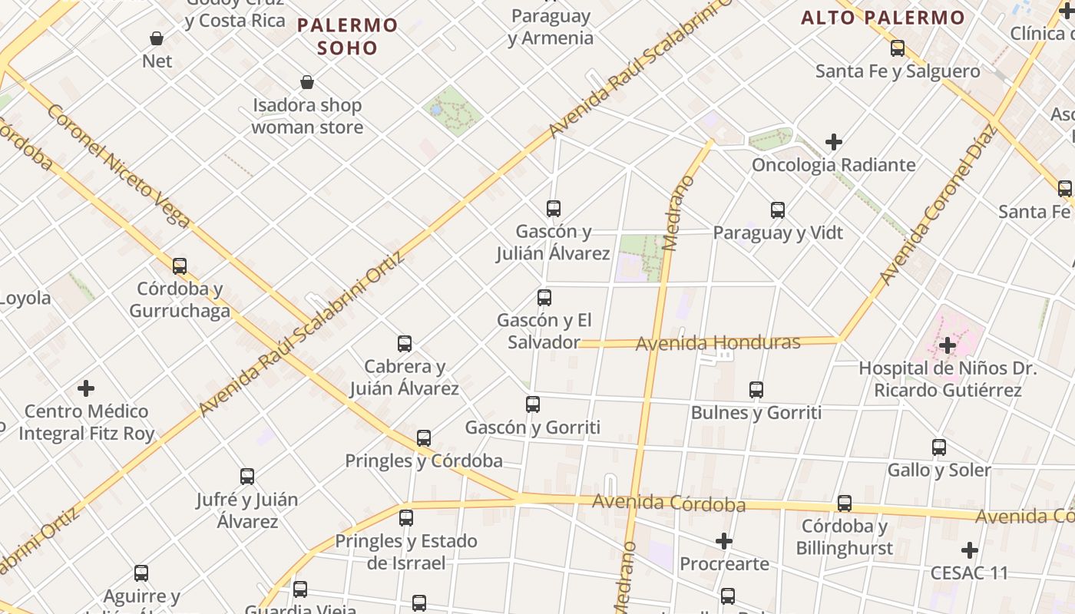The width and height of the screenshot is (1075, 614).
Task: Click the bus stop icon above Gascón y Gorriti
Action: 533,404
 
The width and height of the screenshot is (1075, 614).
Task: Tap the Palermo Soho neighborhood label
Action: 348,36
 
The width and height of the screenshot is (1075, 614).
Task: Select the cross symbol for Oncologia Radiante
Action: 834,142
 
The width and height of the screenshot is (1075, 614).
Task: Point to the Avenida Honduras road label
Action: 718,342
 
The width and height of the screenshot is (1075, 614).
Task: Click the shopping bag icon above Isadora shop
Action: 307,82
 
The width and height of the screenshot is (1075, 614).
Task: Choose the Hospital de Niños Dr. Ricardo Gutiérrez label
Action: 948,379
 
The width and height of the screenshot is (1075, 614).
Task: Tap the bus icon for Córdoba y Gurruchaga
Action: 180,266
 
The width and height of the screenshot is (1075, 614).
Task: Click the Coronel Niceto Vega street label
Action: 118,166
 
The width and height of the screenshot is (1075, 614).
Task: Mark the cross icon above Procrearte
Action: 724,541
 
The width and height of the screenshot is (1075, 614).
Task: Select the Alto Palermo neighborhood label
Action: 883,17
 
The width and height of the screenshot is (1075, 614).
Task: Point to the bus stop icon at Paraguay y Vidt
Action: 778,210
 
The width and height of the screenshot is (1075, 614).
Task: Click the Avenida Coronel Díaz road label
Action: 938,205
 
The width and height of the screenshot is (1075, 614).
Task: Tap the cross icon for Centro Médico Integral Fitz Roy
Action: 86,388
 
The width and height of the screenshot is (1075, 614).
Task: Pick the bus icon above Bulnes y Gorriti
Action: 756,390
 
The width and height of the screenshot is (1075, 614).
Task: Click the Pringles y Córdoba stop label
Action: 424,460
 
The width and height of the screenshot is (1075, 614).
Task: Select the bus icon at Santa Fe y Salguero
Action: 898,48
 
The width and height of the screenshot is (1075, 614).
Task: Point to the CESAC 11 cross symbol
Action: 970,550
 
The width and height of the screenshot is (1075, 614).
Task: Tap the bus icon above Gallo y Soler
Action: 939,447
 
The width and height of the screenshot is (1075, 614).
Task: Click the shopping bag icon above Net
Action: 157,38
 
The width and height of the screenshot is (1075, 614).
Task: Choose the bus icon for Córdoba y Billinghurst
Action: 845,503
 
